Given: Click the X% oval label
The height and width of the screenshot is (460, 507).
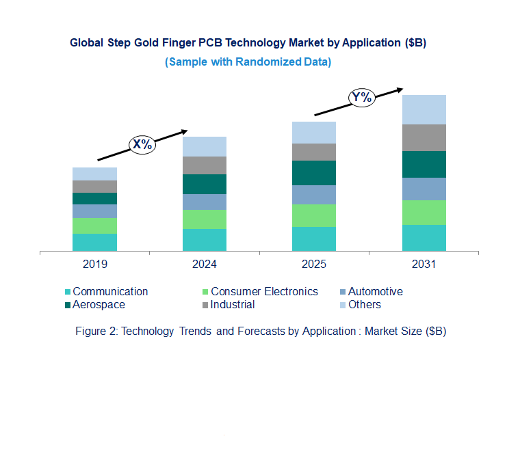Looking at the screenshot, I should [x=142, y=144].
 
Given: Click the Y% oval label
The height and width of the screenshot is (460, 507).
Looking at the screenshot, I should [x=361, y=98].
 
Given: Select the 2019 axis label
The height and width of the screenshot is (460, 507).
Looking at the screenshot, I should [x=94, y=264].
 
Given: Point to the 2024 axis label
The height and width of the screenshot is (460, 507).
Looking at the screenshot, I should [x=204, y=264].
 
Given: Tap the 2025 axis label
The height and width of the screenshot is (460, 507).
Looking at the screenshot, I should [x=314, y=264].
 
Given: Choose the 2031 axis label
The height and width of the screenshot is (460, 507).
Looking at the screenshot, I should [x=424, y=264].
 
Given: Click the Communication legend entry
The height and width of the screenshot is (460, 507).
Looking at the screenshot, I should [x=109, y=291].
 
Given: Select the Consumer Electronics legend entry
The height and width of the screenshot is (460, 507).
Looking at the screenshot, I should [x=263, y=291].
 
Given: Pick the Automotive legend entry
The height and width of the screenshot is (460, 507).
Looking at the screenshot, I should [x=375, y=291].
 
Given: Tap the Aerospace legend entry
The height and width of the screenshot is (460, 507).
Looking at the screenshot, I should [x=99, y=304].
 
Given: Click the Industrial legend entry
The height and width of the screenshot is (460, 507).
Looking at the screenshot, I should [x=233, y=304].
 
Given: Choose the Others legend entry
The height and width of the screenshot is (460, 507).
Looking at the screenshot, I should [x=364, y=304].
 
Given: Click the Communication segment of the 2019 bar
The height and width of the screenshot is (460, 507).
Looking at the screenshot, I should [x=94, y=243].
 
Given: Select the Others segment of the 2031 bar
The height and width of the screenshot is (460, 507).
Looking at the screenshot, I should [x=424, y=109].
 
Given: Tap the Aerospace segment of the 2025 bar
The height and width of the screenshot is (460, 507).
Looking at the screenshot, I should [x=314, y=173].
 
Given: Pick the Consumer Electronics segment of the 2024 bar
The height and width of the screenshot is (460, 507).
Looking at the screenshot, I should [x=204, y=219].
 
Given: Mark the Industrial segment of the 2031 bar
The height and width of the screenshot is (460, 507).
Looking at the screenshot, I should [x=424, y=137].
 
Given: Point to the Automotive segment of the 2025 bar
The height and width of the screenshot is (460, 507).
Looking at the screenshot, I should [x=314, y=195].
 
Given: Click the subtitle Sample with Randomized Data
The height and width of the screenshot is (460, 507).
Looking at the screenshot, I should [x=248, y=62].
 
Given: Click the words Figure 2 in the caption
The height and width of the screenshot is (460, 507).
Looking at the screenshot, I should [x=96, y=331].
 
